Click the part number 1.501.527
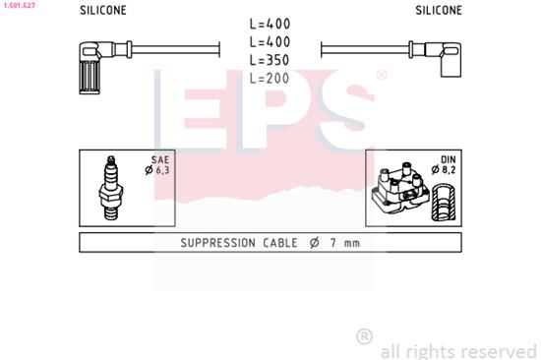click(20, 5)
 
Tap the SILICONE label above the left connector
click(102, 11)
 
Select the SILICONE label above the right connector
click(438, 11)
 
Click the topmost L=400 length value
click(270, 24)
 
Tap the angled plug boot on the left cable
click(91, 64)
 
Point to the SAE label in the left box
click(160, 160)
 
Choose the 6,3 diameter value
click(163, 171)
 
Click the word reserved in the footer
click(495, 349)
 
